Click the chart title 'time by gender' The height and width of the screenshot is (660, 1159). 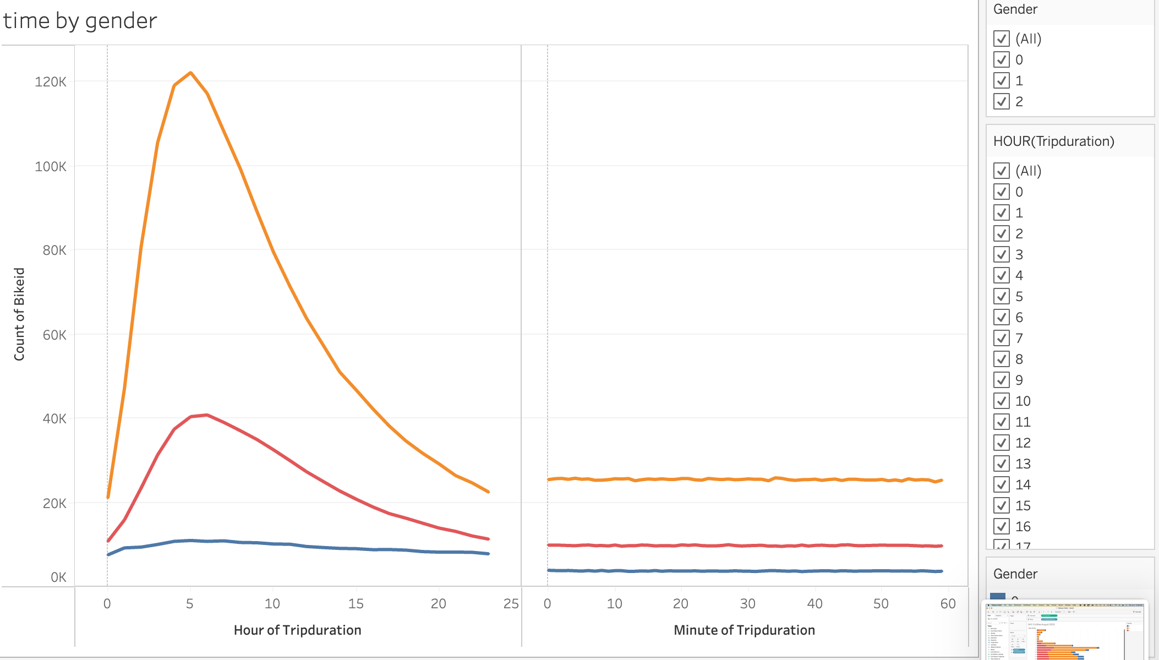coord(80,21)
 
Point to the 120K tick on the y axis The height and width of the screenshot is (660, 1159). coord(51,82)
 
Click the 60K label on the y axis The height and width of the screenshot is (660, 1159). coord(54,335)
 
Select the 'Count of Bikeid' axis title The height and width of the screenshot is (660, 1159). coord(19,314)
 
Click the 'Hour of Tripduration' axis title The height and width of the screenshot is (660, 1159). coord(297,630)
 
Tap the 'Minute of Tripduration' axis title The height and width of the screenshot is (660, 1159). coord(744,630)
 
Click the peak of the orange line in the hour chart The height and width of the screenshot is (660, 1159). coord(190,73)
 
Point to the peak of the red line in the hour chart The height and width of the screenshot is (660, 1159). coord(206,414)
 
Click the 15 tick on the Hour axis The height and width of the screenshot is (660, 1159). coord(356,604)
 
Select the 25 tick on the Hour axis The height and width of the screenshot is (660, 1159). coord(511,604)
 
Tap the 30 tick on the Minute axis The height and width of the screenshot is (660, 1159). coord(747,604)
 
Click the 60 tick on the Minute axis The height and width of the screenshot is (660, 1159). coord(948,604)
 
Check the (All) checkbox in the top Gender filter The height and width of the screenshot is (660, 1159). coord(1002,39)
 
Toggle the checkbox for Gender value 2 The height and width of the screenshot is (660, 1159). coord(1002,101)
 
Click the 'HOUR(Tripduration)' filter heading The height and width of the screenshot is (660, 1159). coord(1053,141)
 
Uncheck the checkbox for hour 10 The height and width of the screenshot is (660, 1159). coord(1002,401)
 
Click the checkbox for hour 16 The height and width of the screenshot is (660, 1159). coord(1002,526)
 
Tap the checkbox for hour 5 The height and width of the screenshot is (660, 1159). coord(1002,296)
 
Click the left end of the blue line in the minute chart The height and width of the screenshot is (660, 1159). coord(549,570)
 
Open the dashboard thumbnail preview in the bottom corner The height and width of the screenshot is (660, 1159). coord(1064,630)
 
